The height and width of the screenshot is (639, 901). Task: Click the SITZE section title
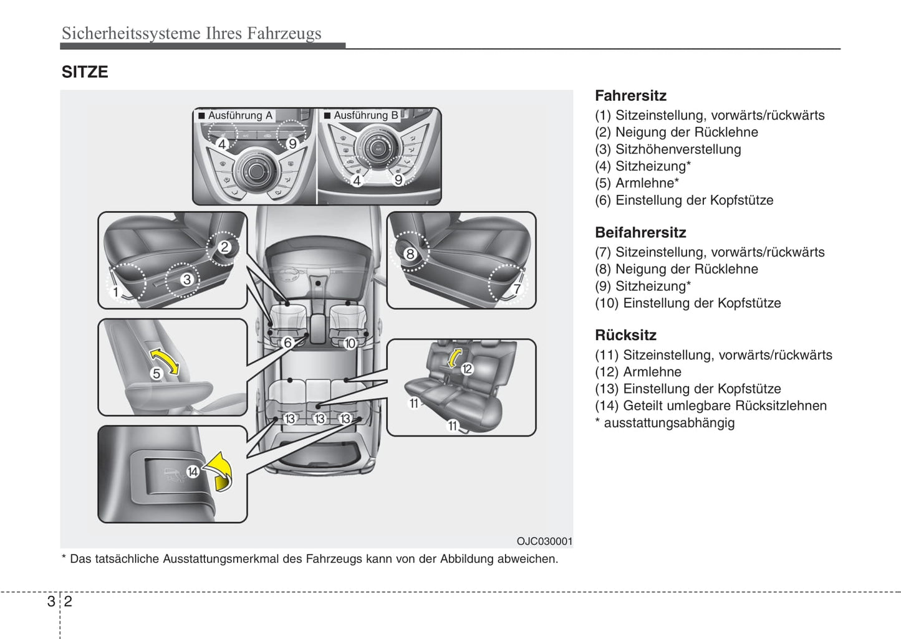pyautogui.click(x=85, y=72)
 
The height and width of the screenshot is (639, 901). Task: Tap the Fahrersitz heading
pyautogui.click(x=630, y=96)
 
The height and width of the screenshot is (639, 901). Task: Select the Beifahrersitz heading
pyautogui.click(x=640, y=233)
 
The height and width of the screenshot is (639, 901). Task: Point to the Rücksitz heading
pyautogui.click(x=625, y=335)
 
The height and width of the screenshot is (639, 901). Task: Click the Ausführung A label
pyautogui.click(x=240, y=115)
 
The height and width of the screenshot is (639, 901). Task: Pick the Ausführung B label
pyautogui.click(x=365, y=115)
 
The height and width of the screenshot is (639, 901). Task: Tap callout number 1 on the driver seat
pyautogui.click(x=115, y=291)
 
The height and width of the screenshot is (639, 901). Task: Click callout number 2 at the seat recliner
pyautogui.click(x=224, y=247)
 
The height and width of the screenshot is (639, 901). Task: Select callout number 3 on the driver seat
pyautogui.click(x=186, y=280)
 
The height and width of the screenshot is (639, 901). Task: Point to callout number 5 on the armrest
pyautogui.click(x=157, y=374)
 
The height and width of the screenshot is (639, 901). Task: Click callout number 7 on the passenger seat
pyautogui.click(x=517, y=289)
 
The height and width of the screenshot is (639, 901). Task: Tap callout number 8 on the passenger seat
pyautogui.click(x=410, y=253)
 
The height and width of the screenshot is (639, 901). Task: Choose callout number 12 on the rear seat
pyautogui.click(x=467, y=369)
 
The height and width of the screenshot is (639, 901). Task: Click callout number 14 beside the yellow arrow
pyautogui.click(x=193, y=472)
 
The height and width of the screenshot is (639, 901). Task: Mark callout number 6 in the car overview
pyautogui.click(x=287, y=343)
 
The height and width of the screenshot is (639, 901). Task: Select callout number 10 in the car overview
pyautogui.click(x=350, y=343)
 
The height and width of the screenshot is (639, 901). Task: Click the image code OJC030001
pyautogui.click(x=544, y=542)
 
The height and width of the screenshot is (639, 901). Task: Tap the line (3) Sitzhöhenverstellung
pyautogui.click(x=668, y=149)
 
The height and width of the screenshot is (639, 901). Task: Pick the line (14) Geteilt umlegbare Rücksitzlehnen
pyautogui.click(x=711, y=406)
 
